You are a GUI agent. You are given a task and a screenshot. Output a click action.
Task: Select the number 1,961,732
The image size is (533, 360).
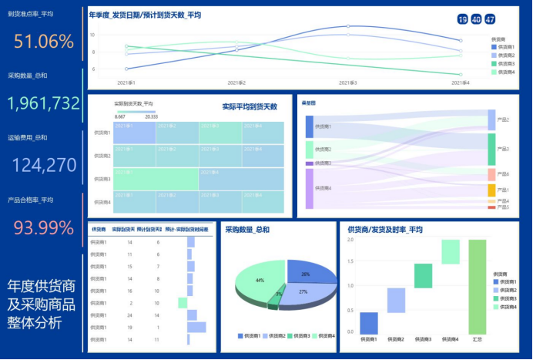click(44, 103)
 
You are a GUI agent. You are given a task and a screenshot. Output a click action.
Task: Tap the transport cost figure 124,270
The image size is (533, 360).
click(44, 164)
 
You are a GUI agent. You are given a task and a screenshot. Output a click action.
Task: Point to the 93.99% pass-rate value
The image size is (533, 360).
click(43, 227)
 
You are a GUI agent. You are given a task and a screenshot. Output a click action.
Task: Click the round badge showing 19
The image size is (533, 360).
click(462, 19)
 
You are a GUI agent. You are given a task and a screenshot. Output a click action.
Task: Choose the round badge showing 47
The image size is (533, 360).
click(490, 19)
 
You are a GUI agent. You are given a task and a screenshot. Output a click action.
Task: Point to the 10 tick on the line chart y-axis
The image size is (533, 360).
click(92, 35)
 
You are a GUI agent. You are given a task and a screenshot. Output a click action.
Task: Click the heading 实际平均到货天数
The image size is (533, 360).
click(249, 106)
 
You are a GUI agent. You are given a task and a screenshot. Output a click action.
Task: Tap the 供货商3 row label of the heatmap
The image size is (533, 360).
click(102, 179)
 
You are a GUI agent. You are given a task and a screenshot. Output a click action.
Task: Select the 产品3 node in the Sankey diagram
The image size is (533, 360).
click(491, 149)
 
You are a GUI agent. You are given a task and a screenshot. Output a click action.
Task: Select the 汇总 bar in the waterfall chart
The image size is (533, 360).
click(477, 285)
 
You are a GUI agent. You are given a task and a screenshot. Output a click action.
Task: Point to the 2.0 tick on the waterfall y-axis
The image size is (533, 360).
click(350, 240)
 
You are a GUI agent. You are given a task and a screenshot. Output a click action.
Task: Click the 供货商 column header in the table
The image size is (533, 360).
click(99, 229)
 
